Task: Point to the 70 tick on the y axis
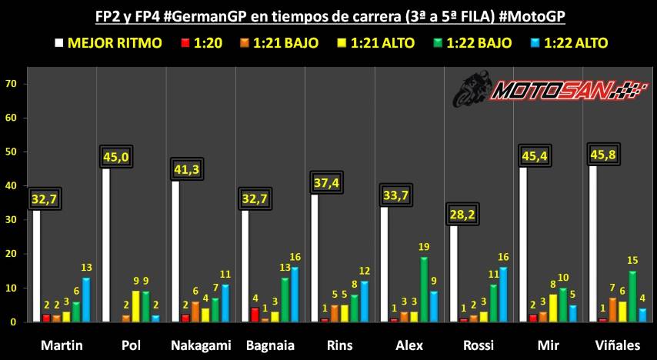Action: point(11,83)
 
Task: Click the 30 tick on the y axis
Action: point(11,220)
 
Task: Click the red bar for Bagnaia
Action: point(254,315)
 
